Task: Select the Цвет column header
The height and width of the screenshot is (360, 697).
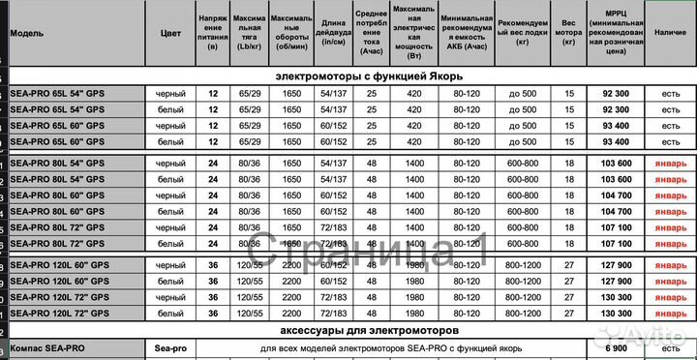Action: pyautogui.click(x=170, y=32)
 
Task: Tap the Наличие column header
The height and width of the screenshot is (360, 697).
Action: pyautogui.click(x=664, y=32)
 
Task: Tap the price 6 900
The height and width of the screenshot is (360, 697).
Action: pyautogui.click(x=616, y=345)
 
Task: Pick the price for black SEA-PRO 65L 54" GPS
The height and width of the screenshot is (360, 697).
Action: pyautogui.click(x=616, y=94)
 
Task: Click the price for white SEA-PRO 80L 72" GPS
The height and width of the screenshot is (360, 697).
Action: pyautogui.click(x=616, y=243)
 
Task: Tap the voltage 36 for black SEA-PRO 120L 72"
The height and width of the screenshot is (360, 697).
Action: pyautogui.click(x=213, y=297)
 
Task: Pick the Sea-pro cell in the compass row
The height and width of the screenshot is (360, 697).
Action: pyautogui.click(x=170, y=345)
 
